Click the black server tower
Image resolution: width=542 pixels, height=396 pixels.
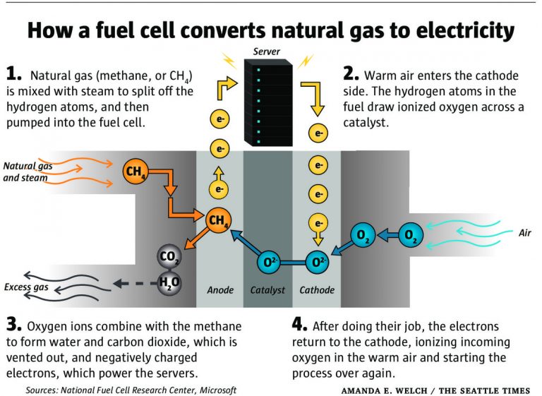coord(267,102)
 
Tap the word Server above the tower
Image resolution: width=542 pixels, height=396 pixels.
coord(267,52)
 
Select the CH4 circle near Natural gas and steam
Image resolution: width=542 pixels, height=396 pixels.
coord(135,172)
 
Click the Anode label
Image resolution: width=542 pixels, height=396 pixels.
coord(220,290)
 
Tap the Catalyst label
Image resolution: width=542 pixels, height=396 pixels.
coord(267,290)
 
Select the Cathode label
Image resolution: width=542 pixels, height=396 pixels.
coord(317,290)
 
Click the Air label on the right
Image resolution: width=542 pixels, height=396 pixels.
coord(524,233)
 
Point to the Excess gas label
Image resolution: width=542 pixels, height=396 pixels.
coord(26,287)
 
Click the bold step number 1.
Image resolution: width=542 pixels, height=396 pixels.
coord(13,73)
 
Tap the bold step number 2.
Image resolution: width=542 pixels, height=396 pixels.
coord(351,73)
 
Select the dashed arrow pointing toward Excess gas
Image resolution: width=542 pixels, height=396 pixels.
coord(131,284)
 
